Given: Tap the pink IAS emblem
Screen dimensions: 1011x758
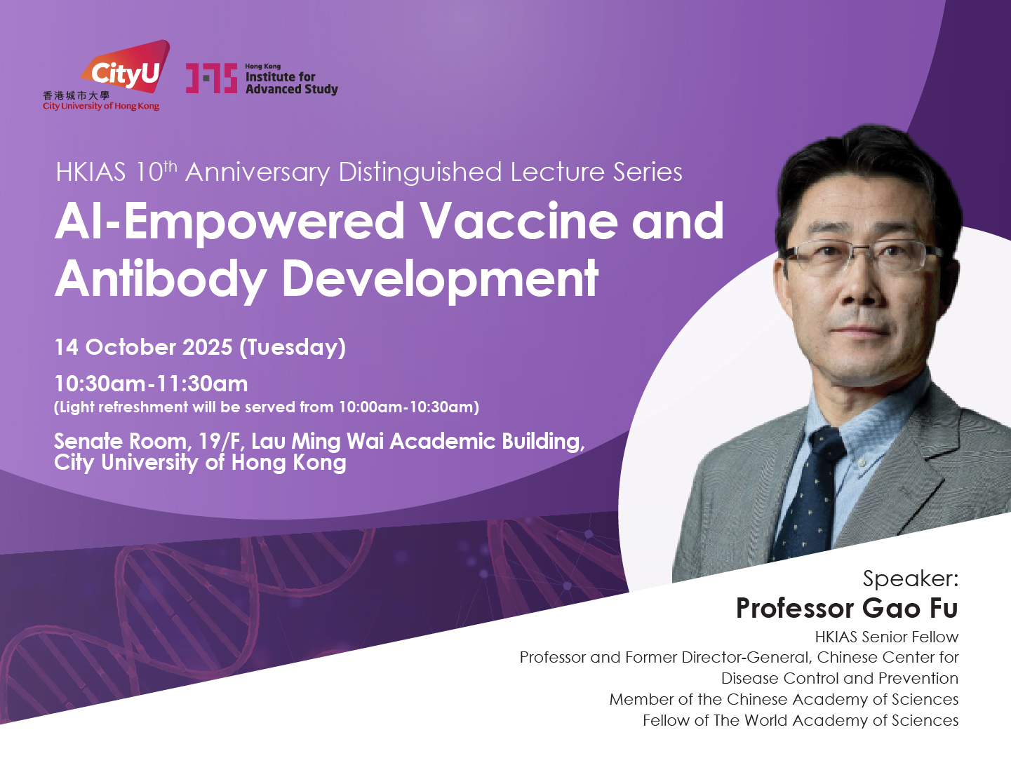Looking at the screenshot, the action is (x=211, y=79).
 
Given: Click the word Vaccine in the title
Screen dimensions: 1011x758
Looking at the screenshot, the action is (x=519, y=222).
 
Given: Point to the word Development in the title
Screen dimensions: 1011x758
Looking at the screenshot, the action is (x=441, y=279).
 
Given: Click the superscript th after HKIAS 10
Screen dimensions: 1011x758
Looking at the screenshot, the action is (x=170, y=166).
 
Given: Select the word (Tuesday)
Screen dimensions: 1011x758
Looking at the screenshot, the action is (x=293, y=348).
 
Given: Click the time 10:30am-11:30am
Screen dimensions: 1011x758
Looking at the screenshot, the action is (x=151, y=384).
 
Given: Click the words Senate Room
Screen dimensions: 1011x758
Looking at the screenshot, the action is (x=121, y=441).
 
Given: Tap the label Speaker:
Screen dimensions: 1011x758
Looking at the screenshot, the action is (x=910, y=578).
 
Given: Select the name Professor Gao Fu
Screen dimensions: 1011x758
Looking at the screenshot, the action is (x=847, y=608).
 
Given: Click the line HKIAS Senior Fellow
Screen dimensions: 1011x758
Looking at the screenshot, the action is (x=887, y=637).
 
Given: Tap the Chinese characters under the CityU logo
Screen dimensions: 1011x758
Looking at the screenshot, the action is (x=76, y=95).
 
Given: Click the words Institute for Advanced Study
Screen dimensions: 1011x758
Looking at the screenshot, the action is (x=292, y=83).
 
